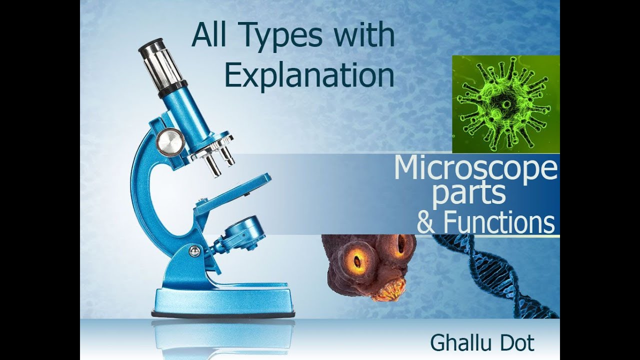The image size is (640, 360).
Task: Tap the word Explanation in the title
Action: (x=309, y=75)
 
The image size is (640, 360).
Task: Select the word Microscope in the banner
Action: (x=475, y=169)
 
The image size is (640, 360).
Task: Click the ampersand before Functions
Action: (x=426, y=223)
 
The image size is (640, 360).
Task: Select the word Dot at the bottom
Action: (x=516, y=343)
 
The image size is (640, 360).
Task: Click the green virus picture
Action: (x=505, y=104)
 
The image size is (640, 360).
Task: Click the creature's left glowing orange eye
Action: (x=357, y=260)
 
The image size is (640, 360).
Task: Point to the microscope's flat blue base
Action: (x=222, y=300)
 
